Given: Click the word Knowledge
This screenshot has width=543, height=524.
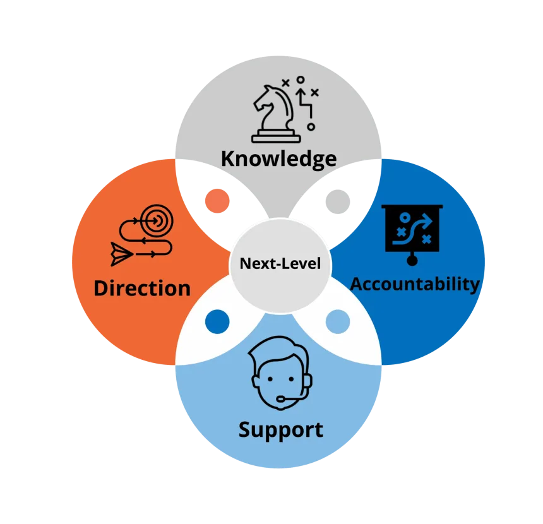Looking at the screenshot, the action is pyautogui.click(x=279, y=159).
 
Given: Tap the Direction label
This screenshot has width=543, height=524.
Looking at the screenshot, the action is pyautogui.click(x=142, y=288).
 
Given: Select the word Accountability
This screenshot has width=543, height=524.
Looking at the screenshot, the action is pyautogui.click(x=415, y=285).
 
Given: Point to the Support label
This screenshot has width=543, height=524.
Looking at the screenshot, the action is pyautogui.click(x=281, y=430).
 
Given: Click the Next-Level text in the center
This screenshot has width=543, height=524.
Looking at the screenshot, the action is pyautogui.click(x=280, y=263).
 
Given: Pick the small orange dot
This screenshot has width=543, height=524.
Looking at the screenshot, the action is pyautogui.click(x=217, y=201).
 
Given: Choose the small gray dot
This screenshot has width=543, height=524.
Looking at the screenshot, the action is pyautogui.click(x=338, y=201).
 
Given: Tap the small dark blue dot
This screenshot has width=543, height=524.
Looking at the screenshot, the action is pyautogui.click(x=217, y=322).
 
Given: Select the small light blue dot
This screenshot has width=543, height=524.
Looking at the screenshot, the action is pyautogui.click(x=338, y=322).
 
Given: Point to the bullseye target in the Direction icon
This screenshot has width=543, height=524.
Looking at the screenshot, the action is pyautogui.click(x=157, y=220).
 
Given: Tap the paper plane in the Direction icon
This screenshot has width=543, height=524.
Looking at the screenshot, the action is pyautogui.click(x=121, y=254).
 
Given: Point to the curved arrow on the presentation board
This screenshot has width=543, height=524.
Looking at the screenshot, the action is pyautogui.click(x=413, y=229).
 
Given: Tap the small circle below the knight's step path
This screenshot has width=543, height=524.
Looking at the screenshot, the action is pyautogui.click(x=311, y=127).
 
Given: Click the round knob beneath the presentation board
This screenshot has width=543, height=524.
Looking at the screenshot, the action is pyautogui.click(x=412, y=259).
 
